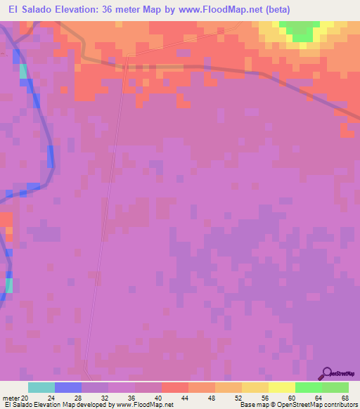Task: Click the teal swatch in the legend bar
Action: coord(41,387)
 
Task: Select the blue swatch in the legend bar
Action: coord(68,387)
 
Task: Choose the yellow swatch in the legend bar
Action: coord(281,387)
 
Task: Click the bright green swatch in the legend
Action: coord(308,387)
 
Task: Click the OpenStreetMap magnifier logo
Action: coord(327,373)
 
